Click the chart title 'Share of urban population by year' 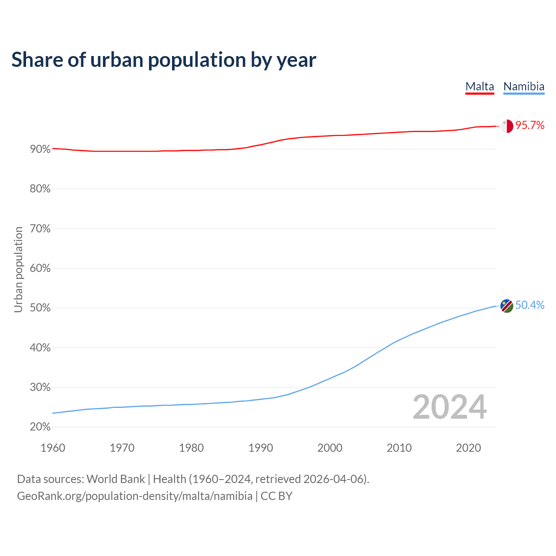tap(164, 60)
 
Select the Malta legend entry tap(480, 86)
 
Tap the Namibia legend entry tap(523, 86)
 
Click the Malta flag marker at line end tap(506, 126)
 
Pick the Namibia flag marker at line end tap(506, 306)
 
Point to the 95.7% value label tap(530, 126)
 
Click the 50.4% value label tap(530, 305)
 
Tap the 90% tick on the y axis tap(40, 149)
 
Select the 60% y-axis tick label tap(40, 268)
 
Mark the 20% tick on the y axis tap(40, 427)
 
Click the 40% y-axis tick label tap(40, 348)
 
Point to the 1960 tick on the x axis tap(53, 448)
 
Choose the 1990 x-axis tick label tap(261, 448)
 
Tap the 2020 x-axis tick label tap(468, 448)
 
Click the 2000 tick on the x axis tap(330, 448)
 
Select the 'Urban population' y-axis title tap(18, 269)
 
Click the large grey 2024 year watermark tap(450, 407)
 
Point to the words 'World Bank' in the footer tap(116, 479)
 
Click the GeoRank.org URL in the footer tap(135, 496)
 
